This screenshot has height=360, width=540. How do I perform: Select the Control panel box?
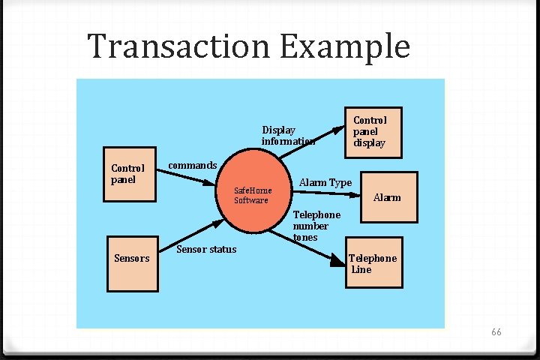point(129,179)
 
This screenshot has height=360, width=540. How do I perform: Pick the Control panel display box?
point(372,132)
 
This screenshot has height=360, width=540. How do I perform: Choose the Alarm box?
point(388,198)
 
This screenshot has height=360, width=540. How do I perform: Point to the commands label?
point(192,165)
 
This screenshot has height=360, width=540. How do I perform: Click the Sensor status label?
point(206,249)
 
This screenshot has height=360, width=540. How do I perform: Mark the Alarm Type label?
point(325,183)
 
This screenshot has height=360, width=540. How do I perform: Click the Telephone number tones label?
point(316,226)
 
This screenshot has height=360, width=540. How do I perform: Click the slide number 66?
point(496,331)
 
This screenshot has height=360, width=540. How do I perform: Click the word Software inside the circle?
point(251,200)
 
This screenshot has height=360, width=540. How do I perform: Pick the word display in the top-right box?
point(370,142)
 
